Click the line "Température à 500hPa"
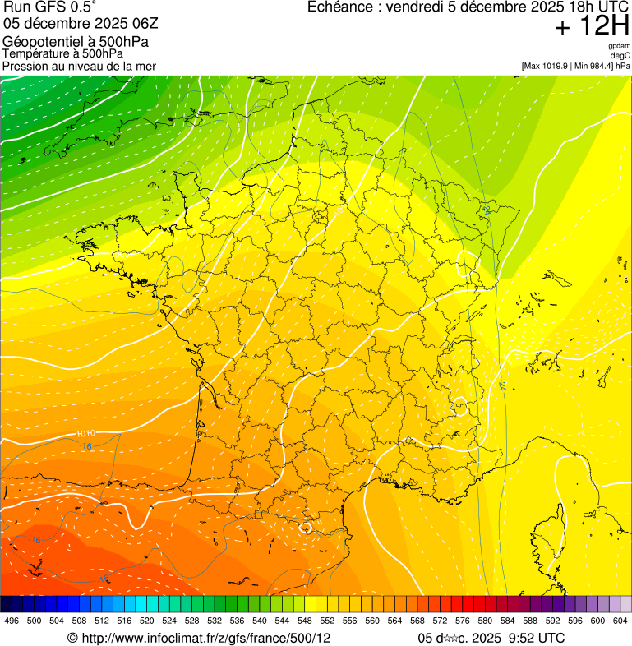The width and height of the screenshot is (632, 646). pyautogui.click(x=62, y=53)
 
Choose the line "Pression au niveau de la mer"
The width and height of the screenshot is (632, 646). pyautogui.click(x=79, y=66)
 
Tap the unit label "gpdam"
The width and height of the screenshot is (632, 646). pyautogui.click(x=620, y=46)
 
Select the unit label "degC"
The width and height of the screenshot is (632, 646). pyautogui.click(x=621, y=55)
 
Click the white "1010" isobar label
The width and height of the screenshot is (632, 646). pyautogui.click(x=86, y=433)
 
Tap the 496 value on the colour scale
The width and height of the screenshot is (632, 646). pyautogui.click(x=12, y=621)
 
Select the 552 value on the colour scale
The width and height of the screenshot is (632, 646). pyautogui.click(x=327, y=621)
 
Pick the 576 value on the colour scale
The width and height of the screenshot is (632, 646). pyautogui.click(x=462, y=621)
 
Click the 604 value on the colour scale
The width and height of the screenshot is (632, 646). pyautogui.click(x=620, y=621)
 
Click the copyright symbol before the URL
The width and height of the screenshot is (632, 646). pyautogui.click(x=72, y=638)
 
